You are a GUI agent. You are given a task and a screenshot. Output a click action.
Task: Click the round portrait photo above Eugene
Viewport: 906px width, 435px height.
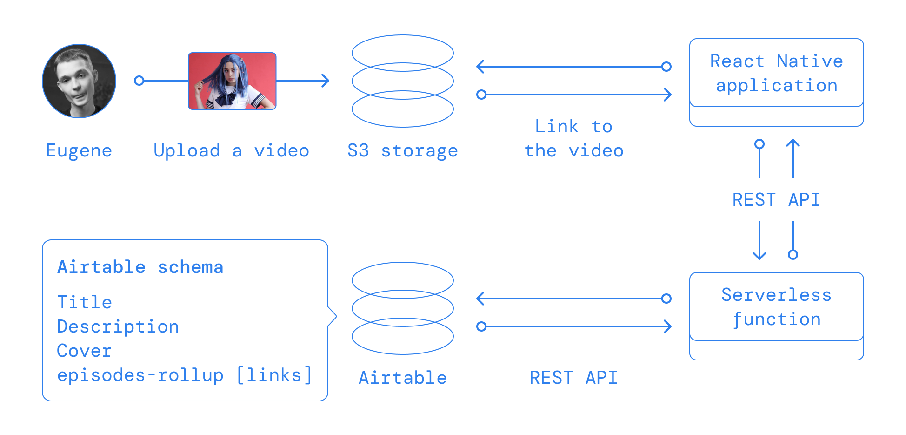pyautogui.click(x=79, y=81)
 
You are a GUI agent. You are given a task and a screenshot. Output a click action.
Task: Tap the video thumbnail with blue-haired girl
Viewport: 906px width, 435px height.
pyautogui.click(x=232, y=81)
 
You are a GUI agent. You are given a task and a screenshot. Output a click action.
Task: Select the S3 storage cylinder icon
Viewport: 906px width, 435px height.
pyautogui.click(x=403, y=81)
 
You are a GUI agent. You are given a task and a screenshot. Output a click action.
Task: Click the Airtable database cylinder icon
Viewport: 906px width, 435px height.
pyautogui.click(x=403, y=308)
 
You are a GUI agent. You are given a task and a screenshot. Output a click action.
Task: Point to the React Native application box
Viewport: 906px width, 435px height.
pyautogui.click(x=777, y=82)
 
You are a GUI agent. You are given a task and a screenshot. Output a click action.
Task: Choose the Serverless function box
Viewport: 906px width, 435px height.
pyautogui.click(x=777, y=316)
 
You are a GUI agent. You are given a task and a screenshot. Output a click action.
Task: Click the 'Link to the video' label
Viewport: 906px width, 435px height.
pyautogui.click(x=574, y=139)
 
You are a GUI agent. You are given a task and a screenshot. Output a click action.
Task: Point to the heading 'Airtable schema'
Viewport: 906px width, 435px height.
pyautogui.click(x=140, y=267)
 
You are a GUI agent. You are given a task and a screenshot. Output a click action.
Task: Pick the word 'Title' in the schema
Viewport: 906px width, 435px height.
pyautogui.click(x=85, y=303)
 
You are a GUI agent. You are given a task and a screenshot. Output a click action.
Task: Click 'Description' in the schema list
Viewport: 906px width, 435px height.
pyautogui.click(x=118, y=327)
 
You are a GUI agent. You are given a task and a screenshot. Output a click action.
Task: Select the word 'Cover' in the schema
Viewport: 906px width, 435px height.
pyautogui.click(x=85, y=351)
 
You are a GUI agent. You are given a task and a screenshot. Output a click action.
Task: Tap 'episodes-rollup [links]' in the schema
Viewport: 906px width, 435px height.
pyautogui.click(x=185, y=375)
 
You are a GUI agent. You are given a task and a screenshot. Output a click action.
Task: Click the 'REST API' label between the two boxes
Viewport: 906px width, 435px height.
pyautogui.click(x=776, y=200)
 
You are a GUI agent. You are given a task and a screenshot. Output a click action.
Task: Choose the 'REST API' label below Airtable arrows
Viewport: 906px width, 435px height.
pyautogui.click(x=573, y=378)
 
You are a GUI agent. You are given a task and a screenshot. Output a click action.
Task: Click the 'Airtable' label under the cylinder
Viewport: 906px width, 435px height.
pyautogui.click(x=403, y=378)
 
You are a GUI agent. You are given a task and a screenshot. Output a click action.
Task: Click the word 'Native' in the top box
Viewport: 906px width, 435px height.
pyautogui.click(x=810, y=61)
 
